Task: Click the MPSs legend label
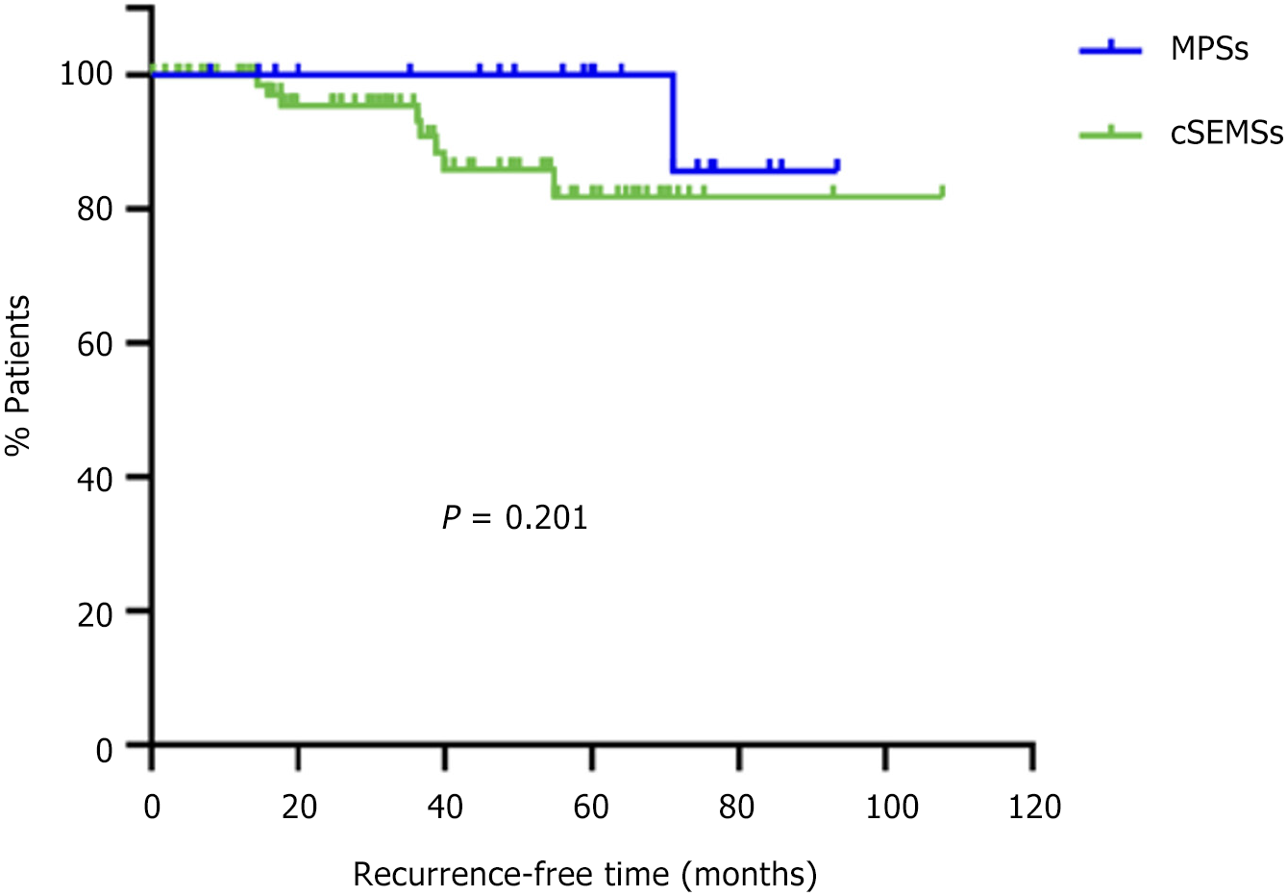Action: (1209, 49)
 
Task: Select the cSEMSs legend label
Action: (1226, 134)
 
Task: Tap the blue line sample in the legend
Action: (1110, 49)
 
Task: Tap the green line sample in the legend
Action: (1110, 134)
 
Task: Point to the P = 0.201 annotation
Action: (514, 518)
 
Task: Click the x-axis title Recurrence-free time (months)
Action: (585, 875)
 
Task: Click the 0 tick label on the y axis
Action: (104, 749)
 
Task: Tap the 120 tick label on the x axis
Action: (1034, 807)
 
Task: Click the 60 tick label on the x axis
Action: (591, 807)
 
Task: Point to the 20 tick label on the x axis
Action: (299, 807)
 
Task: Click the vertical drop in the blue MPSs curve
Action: (673, 122)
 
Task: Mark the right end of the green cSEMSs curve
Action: (942, 195)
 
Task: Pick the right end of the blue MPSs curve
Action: (838, 170)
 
